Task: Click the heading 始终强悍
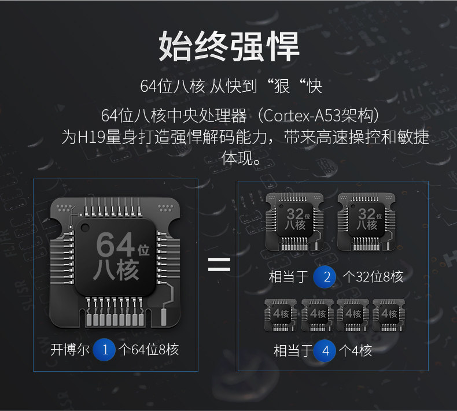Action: pyautogui.click(x=228, y=46)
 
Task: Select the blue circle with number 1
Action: pyautogui.click(x=105, y=349)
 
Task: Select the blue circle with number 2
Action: pyautogui.click(x=326, y=276)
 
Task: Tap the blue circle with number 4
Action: pyautogui.click(x=326, y=350)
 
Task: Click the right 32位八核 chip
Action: pyautogui.click(x=366, y=220)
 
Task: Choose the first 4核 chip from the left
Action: pyautogui.click(x=281, y=314)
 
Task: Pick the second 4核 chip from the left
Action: pyautogui.click(x=318, y=314)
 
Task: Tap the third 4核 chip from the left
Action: pyautogui.click(x=353, y=314)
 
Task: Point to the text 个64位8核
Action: pyautogui.click(x=148, y=350)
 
